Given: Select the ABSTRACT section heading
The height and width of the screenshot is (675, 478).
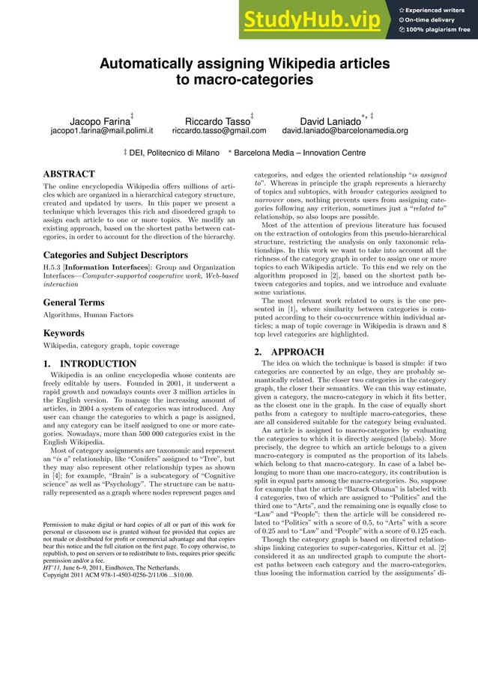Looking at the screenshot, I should click(x=69, y=174).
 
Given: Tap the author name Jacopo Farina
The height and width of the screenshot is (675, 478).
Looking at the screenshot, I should click(x=100, y=120).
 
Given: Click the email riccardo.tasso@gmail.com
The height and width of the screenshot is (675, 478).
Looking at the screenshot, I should click(x=219, y=131).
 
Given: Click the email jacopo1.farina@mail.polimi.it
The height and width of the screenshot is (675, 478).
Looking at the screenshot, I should click(x=101, y=131).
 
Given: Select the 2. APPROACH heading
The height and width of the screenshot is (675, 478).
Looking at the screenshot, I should click(x=288, y=352).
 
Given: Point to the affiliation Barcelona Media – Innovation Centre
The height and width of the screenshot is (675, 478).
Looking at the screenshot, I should click(x=300, y=153).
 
